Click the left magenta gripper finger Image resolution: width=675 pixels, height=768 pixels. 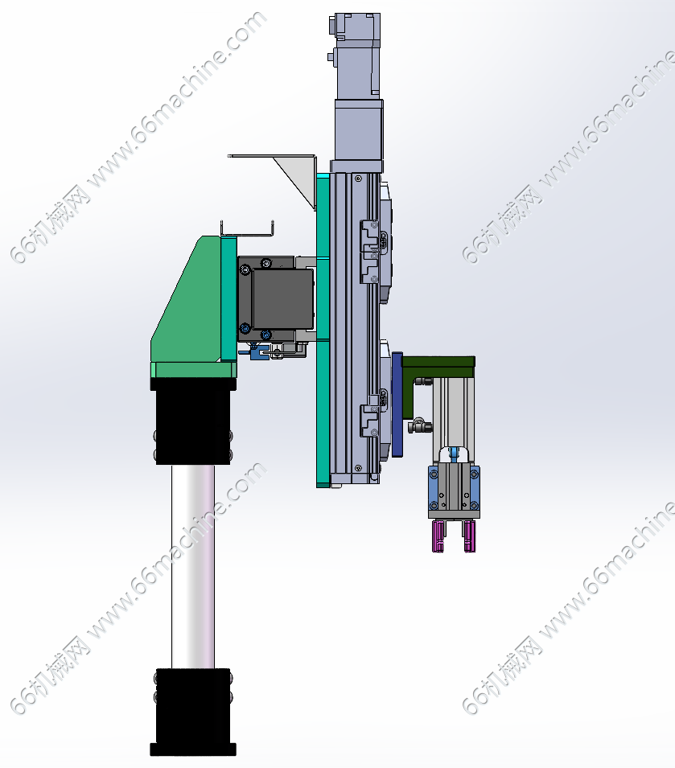(438, 536)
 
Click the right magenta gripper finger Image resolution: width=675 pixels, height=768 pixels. (469, 536)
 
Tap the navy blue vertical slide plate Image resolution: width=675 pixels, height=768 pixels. (397, 405)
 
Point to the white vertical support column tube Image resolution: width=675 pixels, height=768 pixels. (193, 566)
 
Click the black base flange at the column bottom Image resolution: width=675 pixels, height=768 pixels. (193, 750)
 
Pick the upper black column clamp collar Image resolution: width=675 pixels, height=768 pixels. (193, 421)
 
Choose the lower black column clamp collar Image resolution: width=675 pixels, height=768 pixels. (193, 706)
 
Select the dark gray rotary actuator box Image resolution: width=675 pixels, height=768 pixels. (275, 299)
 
